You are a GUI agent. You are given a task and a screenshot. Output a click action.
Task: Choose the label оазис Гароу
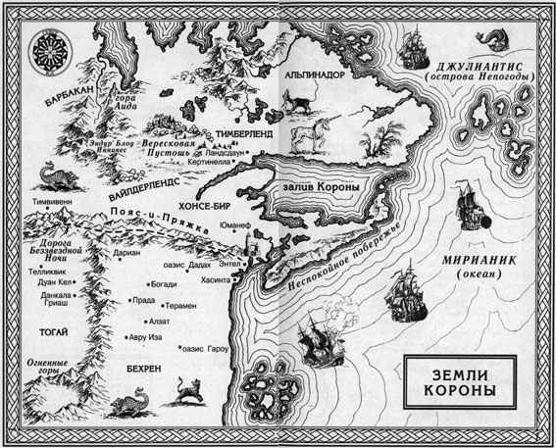pyautogui.click(x=207, y=348)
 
